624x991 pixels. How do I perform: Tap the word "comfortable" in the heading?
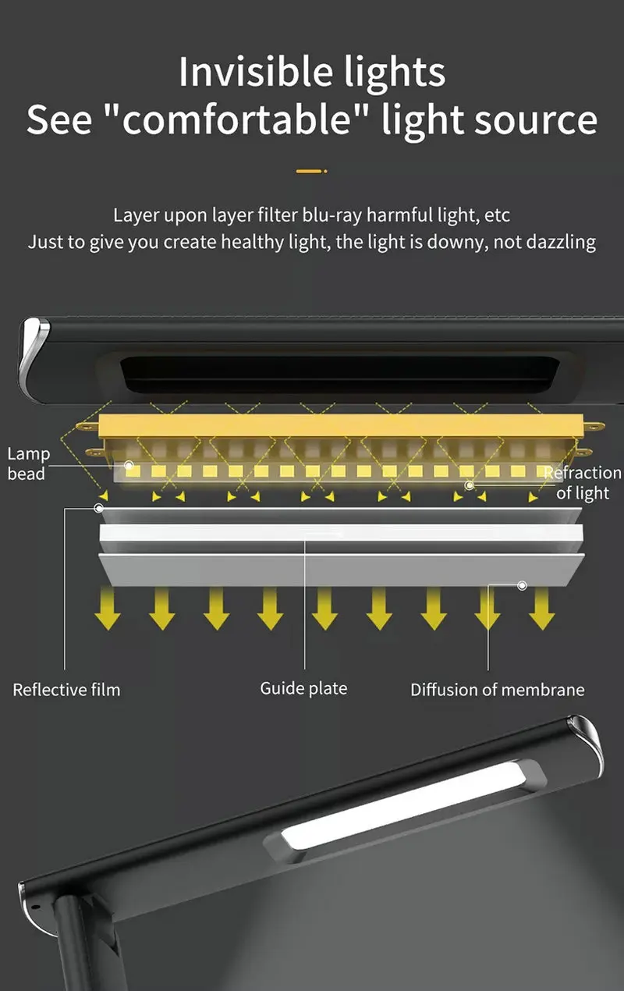[x=239, y=120]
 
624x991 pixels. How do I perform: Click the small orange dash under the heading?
[x=311, y=170]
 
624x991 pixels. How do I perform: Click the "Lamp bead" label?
[x=28, y=464]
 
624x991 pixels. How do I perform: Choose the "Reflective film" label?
[x=66, y=690]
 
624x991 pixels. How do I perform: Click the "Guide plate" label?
[x=303, y=688]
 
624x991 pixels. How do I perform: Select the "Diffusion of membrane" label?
[x=497, y=690]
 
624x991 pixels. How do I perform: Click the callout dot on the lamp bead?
[x=129, y=467]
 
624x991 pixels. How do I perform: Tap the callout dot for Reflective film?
[x=98, y=508]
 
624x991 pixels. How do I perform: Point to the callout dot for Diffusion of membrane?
[x=522, y=584]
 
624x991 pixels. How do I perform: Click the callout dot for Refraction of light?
[x=469, y=485]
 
